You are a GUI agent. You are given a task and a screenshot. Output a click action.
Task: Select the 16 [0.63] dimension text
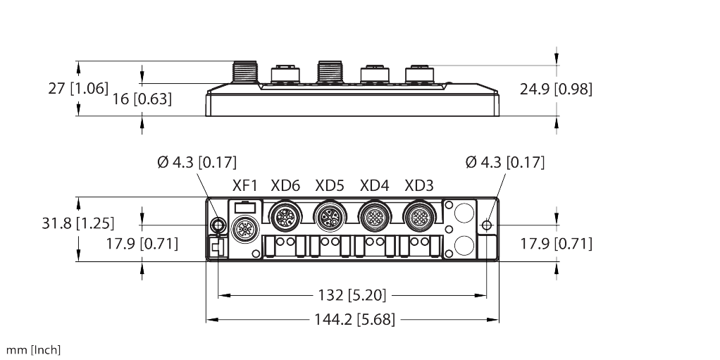(x=142, y=99)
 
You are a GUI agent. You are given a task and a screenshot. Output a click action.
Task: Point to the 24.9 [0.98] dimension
(x=556, y=89)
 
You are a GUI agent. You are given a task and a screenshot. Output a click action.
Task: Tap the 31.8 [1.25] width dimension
(x=75, y=224)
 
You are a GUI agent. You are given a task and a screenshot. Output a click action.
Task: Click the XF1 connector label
(x=245, y=186)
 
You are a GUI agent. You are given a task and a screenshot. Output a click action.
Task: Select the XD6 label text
(x=285, y=186)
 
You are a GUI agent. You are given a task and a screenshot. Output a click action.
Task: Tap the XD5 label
(x=330, y=186)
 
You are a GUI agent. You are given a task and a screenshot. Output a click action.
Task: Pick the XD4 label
(x=374, y=186)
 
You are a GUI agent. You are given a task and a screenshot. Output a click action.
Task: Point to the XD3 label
(x=419, y=186)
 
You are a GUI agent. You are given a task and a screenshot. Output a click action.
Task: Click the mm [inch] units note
(x=33, y=349)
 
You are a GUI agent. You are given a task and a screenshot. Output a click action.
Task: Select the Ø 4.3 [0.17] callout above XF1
(x=197, y=163)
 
